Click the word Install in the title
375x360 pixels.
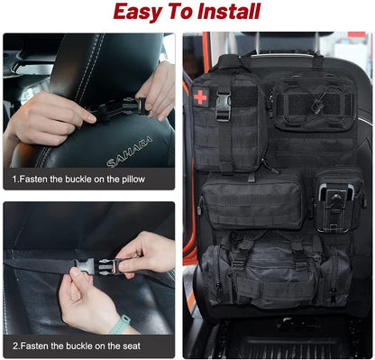(226, 12)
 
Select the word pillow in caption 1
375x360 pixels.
(151, 180)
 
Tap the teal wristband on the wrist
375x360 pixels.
(120, 324)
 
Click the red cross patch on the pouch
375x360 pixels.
(200, 97)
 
